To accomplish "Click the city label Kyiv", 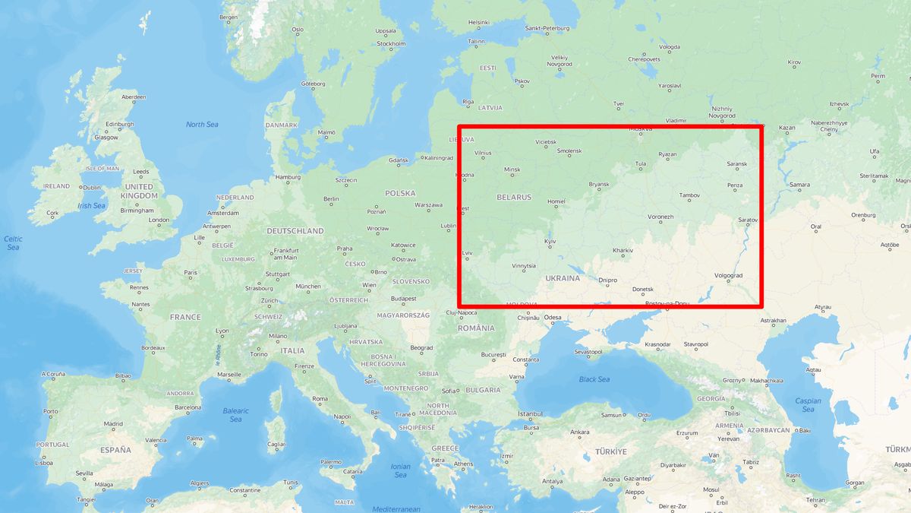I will pyautogui.click(x=550, y=241).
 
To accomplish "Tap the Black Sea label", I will pyautogui.click(x=594, y=379).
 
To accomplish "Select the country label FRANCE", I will pyautogui.click(x=185, y=317).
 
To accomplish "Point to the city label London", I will pyautogui.click(x=159, y=220).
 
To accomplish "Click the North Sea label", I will pyautogui.click(x=202, y=125).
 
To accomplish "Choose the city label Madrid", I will pyautogui.click(x=113, y=424).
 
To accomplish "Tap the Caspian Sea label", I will pyautogui.click(x=808, y=405).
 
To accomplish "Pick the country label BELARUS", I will pyautogui.click(x=514, y=197).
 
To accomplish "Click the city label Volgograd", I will pyautogui.click(x=729, y=275).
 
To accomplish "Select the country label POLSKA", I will pyautogui.click(x=400, y=193).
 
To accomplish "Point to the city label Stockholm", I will pyautogui.click(x=391, y=43).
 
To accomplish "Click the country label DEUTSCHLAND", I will pyautogui.click(x=295, y=230).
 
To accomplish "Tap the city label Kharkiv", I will pyautogui.click(x=623, y=250).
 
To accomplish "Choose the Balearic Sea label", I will pyautogui.click(x=235, y=415).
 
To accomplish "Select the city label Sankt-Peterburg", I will pyautogui.click(x=547, y=28).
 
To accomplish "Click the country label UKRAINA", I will pyautogui.click(x=563, y=278).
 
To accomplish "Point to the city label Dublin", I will pyautogui.click(x=92, y=188).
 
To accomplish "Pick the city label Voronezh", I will pyautogui.click(x=660, y=217).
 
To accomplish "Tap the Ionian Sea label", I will pyautogui.click(x=400, y=470).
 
